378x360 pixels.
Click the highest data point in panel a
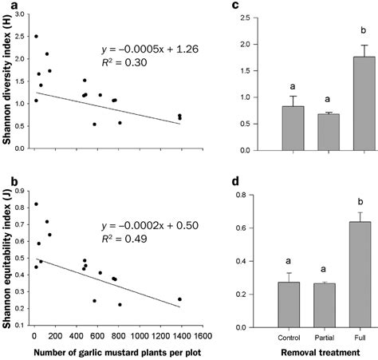pos(36,37)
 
